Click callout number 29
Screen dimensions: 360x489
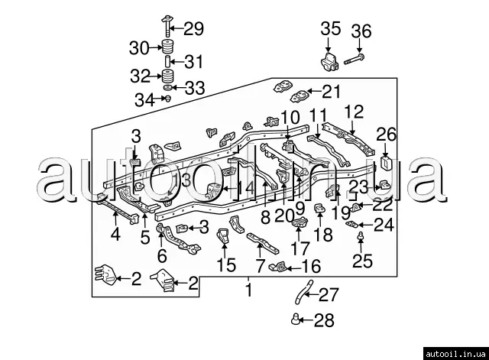coord(194,29)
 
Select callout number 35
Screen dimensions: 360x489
coord(331,29)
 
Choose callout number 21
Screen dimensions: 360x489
coord(329,92)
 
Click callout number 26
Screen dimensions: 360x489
coord(387,135)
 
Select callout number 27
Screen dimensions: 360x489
coord(327,294)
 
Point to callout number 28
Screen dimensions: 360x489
coord(324,321)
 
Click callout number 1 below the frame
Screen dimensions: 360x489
coord(248,290)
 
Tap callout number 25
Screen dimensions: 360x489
coord(362,261)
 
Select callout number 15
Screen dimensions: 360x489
coord(226,265)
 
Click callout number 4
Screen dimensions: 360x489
coord(115,235)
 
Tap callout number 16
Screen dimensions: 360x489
coord(312,266)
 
